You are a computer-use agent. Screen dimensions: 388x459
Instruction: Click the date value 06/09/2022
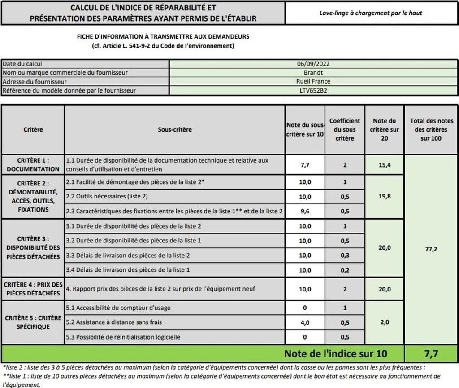[x=313, y=64]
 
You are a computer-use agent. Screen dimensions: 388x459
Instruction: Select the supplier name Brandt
[x=313, y=72]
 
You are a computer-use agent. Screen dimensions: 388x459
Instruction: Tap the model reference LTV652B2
[x=313, y=90]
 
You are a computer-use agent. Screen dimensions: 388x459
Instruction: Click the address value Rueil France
[x=313, y=81]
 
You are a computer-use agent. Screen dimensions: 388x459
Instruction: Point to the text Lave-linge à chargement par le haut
[x=371, y=13]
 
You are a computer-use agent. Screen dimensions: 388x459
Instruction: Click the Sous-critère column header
[x=174, y=129]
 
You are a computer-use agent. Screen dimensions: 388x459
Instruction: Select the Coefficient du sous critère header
[x=345, y=129]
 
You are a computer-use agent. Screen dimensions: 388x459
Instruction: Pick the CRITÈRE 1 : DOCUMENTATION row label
[x=33, y=164]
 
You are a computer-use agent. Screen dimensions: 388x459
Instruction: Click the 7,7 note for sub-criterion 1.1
[x=305, y=165]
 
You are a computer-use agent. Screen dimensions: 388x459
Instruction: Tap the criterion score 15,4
[x=385, y=165]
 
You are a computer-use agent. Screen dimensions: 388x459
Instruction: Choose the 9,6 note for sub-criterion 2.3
[x=305, y=211]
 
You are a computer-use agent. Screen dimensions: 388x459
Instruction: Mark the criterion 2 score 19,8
[x=385, y=196]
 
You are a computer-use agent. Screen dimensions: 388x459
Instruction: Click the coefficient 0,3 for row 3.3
[x=345, y=255]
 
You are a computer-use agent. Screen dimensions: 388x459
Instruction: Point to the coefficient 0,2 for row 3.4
[x=345, y=270]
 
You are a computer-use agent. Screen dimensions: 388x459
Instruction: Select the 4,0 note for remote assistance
[x=305, y=322]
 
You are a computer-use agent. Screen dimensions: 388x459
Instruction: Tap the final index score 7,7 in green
[x=431, y=354]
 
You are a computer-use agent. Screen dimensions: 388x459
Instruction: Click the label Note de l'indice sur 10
[x=336, y=354]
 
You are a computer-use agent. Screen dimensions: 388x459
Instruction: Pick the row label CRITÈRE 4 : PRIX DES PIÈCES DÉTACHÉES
[x=33, y=289]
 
